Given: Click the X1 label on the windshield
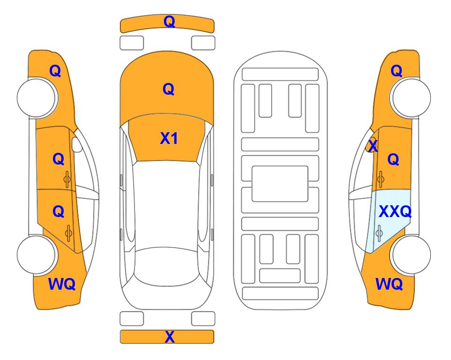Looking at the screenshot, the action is (x=169, y=139).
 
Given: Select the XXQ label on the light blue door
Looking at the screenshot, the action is (x=395, y=212).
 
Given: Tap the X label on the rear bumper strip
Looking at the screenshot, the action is (x=170, y=337).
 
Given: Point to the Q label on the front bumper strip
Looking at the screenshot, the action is (x=169, y=22).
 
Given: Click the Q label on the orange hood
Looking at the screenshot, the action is (x=168, y=89).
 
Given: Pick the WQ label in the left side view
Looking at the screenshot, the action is (x=62, y=284).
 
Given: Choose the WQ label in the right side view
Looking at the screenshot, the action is (x=389, y=284).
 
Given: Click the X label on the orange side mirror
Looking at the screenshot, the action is (x=373, y=146).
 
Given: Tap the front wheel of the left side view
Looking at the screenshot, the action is (x=37, y=98).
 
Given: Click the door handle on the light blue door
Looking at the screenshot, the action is (x=379, y=233).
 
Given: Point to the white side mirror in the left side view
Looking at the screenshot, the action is (x=77, y=145).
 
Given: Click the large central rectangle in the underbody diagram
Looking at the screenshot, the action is (x=280, y=184).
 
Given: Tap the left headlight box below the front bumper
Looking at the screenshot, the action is (x=132, y=43).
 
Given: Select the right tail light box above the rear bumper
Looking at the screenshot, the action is (x=203, y=319).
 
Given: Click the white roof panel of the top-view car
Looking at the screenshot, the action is (x=166, y=204).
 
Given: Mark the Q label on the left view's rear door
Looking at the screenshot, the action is (x=59, y=212).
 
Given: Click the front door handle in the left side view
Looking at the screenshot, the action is (x=67, y=179).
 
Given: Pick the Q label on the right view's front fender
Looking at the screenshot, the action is (x=396, y=71).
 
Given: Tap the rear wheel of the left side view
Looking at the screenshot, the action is (x=37, y=255).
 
